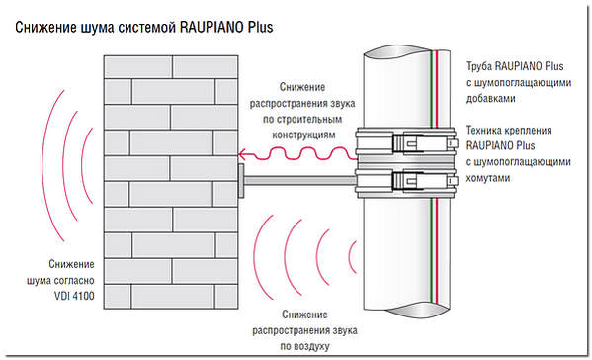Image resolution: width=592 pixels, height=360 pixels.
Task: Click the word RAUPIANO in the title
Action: click(x=212, y=28)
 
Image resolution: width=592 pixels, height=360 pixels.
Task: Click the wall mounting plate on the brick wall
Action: click(x=240, y=181)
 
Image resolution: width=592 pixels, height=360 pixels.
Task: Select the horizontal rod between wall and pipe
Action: click(x=299, y=181)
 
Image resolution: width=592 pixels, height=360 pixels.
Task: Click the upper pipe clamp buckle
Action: click(x=407, y=143)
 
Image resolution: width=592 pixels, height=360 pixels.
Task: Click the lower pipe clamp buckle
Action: click(x=407, y=181)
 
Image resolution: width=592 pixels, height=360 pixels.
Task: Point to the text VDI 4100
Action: click(x=74, y=296)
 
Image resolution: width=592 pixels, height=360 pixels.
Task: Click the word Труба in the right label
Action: click(x=479, y=66)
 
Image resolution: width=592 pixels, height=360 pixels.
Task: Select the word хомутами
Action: click(x=488, y=178)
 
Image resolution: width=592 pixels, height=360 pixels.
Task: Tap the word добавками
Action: click(x=491, y=98)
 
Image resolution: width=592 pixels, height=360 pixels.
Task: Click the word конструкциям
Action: click(x=304, y=135)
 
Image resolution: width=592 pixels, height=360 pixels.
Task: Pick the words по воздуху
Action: click(x=304, y=346)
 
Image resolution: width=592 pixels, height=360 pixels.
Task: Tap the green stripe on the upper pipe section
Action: click(x=432, y=89)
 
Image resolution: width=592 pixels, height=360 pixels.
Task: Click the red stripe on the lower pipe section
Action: click(x=437, y=251)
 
